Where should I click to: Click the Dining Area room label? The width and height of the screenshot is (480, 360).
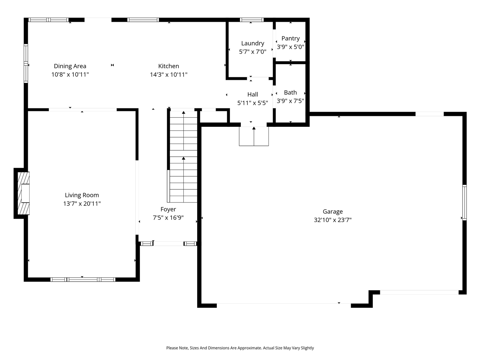click(70, 66)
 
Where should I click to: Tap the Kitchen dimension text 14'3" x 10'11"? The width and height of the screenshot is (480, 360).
click(169, 75)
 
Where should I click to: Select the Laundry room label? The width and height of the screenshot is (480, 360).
click(252, 43)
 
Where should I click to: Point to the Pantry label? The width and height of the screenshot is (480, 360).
click(290, 38)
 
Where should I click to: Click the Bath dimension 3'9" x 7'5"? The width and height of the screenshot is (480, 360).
click(290, 101)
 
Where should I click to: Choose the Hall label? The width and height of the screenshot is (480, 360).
click(252, 94)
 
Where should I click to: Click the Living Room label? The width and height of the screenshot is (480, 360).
click(82, 195)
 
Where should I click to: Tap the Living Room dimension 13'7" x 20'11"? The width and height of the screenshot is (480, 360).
click(82, 204)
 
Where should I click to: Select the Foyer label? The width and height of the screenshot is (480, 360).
click(168, 209)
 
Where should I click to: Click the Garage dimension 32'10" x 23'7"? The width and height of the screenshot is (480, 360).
click(333, 220)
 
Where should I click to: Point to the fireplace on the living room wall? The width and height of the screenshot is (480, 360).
click(23, 193)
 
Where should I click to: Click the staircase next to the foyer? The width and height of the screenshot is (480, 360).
click(183, 157)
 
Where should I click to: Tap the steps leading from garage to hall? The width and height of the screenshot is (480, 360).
click(254, 136)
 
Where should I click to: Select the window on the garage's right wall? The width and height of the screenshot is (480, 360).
click(464, 202)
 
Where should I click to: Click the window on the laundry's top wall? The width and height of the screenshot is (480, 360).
click(252, 20)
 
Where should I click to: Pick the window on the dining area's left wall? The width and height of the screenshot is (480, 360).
click(26, 63)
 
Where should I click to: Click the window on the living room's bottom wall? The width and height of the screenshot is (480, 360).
click(83, 279)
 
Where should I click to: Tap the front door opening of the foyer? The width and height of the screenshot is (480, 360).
click(168, 244)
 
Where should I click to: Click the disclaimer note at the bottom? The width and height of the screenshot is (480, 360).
click(240, 348)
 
